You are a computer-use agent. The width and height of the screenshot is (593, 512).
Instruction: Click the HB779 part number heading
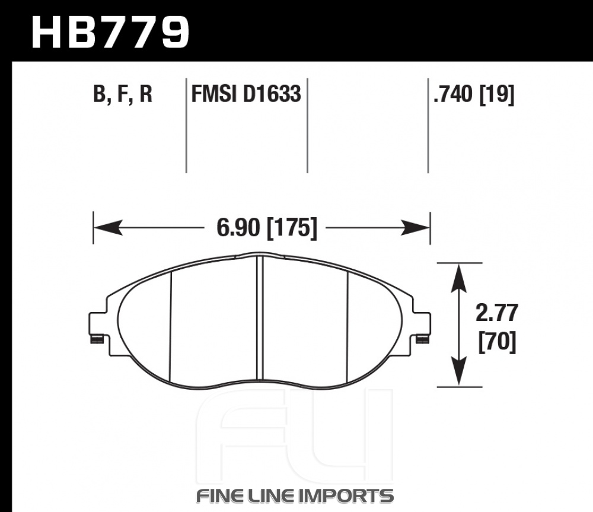[x=110, y=33]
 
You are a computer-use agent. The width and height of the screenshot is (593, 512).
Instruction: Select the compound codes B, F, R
[x=123, y=94]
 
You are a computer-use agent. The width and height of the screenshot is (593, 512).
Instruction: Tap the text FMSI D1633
[x=246, y=94]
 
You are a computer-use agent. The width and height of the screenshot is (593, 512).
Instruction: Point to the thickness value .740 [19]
[x=474, y=94]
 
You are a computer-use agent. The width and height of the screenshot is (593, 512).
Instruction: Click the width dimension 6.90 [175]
[x=267, y=228]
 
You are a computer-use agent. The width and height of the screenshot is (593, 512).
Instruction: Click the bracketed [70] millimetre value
[x=497, y=342]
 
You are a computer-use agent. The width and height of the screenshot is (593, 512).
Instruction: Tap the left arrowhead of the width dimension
[x=108, y=227]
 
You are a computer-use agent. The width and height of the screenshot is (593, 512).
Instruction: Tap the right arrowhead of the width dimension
[x=415, y=227]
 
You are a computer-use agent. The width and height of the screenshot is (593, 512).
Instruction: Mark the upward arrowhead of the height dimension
[x=459, y=278]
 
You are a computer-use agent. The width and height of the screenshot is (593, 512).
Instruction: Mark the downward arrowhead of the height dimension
[x=459, y=371]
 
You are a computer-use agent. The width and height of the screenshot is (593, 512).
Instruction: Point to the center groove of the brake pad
[x=260, y=318]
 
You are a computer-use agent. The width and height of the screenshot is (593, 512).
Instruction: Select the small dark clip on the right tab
[x=422, y=340]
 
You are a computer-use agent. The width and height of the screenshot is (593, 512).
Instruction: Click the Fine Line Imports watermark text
[x=295, y=496]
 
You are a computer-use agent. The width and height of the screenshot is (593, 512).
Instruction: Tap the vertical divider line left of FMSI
[x=186, y=126]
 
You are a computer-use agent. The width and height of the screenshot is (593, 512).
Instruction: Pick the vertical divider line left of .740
[x=428, y=126]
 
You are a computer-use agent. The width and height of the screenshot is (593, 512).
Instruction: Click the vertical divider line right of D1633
[x=307, y=126]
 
